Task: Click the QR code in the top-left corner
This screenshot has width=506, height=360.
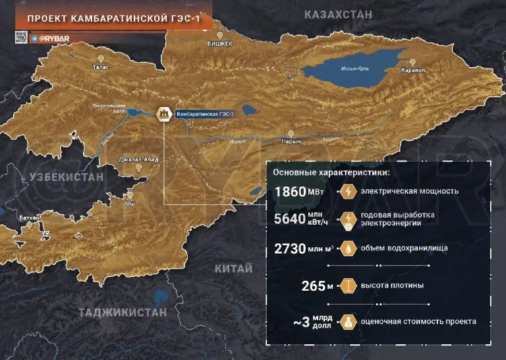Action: point(20,38)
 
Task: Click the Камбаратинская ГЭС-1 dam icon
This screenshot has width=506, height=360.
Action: point(162,114)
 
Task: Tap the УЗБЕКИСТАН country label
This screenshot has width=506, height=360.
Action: point(66,177)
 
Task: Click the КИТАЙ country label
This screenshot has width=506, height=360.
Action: point(234,268)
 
